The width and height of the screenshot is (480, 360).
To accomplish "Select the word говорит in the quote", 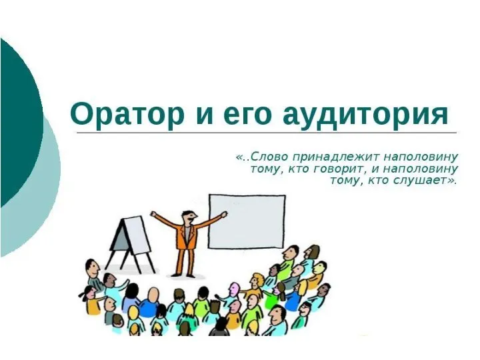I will [342, 169].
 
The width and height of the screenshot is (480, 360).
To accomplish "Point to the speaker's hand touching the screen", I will [224, 214].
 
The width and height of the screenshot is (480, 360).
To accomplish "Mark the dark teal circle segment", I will [17, 120].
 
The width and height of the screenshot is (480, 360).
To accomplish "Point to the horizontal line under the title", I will [267, 133].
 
